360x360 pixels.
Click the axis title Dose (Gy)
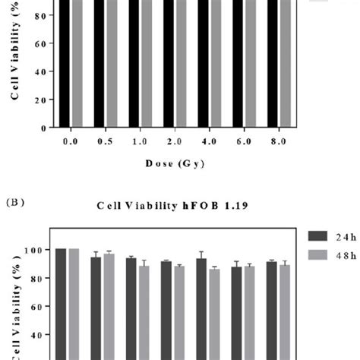point(172,163)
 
